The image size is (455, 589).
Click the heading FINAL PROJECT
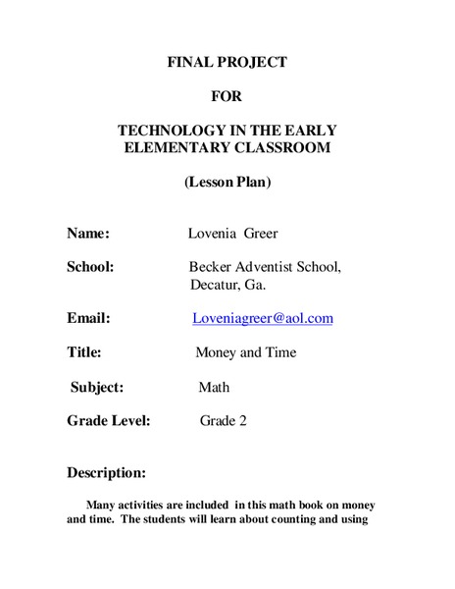point(227,63)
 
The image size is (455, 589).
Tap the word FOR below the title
point(227,96)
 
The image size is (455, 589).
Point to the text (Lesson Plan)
point(227,182)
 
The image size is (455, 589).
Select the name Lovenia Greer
point(232,234)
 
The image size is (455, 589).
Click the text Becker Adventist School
point(265,267)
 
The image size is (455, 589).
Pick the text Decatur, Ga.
point(227,285)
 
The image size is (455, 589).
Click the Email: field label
point(88,318)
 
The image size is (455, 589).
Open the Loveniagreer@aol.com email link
point(263,318)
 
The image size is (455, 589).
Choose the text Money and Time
point(245,352)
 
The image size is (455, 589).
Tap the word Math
point(214,387)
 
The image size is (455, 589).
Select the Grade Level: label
point(108,421)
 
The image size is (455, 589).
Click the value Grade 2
point(224,421)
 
